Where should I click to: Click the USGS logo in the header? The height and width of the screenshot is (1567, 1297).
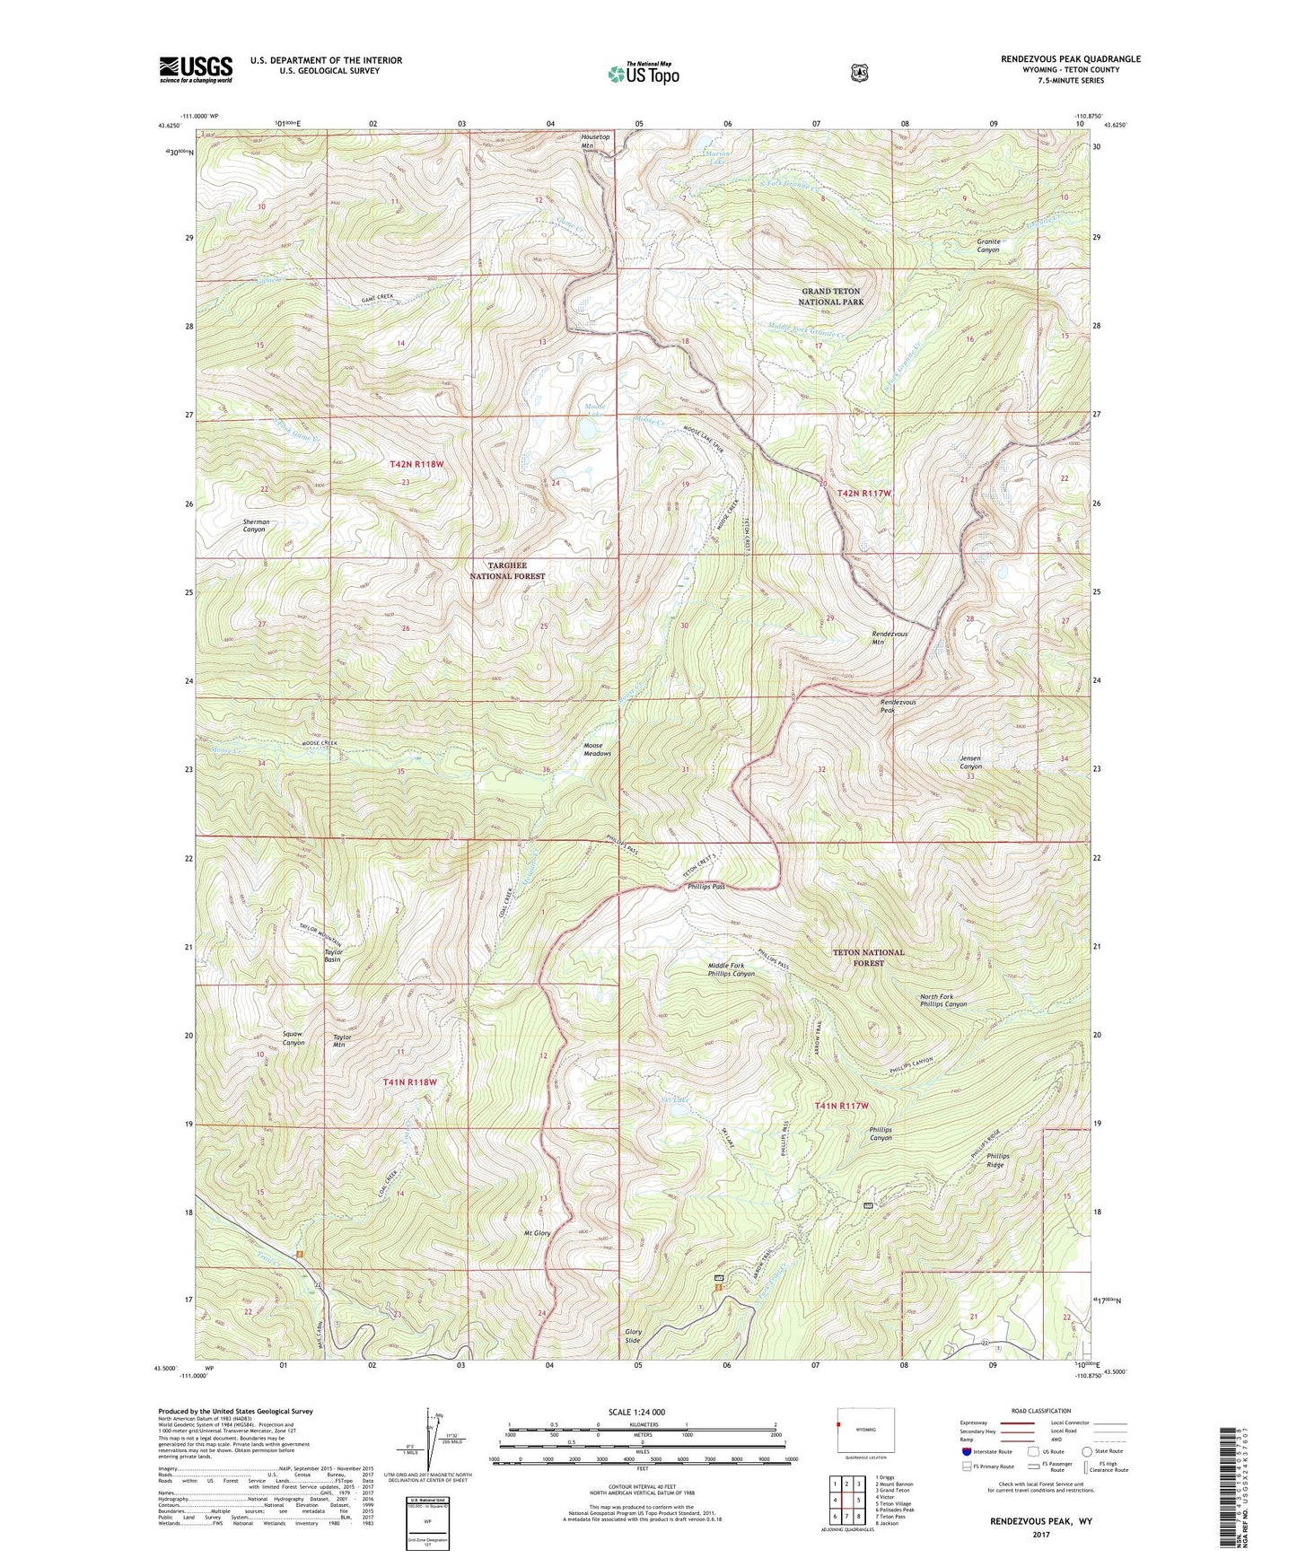(196, 69)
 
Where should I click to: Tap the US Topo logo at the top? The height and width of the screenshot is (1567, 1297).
(643, 74)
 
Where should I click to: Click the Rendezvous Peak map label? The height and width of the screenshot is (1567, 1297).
(898, 706)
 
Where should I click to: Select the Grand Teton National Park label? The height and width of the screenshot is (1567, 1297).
(831, 296)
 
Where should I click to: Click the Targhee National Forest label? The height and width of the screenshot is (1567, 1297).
(507, 571)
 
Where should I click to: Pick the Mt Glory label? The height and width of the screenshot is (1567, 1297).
(537, 1233)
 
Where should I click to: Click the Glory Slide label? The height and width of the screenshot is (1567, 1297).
(633, 1335)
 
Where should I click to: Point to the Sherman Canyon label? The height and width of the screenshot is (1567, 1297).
(255, 526)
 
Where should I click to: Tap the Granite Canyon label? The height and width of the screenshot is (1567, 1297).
(987, 245)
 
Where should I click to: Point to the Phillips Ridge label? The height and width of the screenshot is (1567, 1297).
(997, 1160)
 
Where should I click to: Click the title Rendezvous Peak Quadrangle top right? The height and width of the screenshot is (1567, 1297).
(1070, 59)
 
